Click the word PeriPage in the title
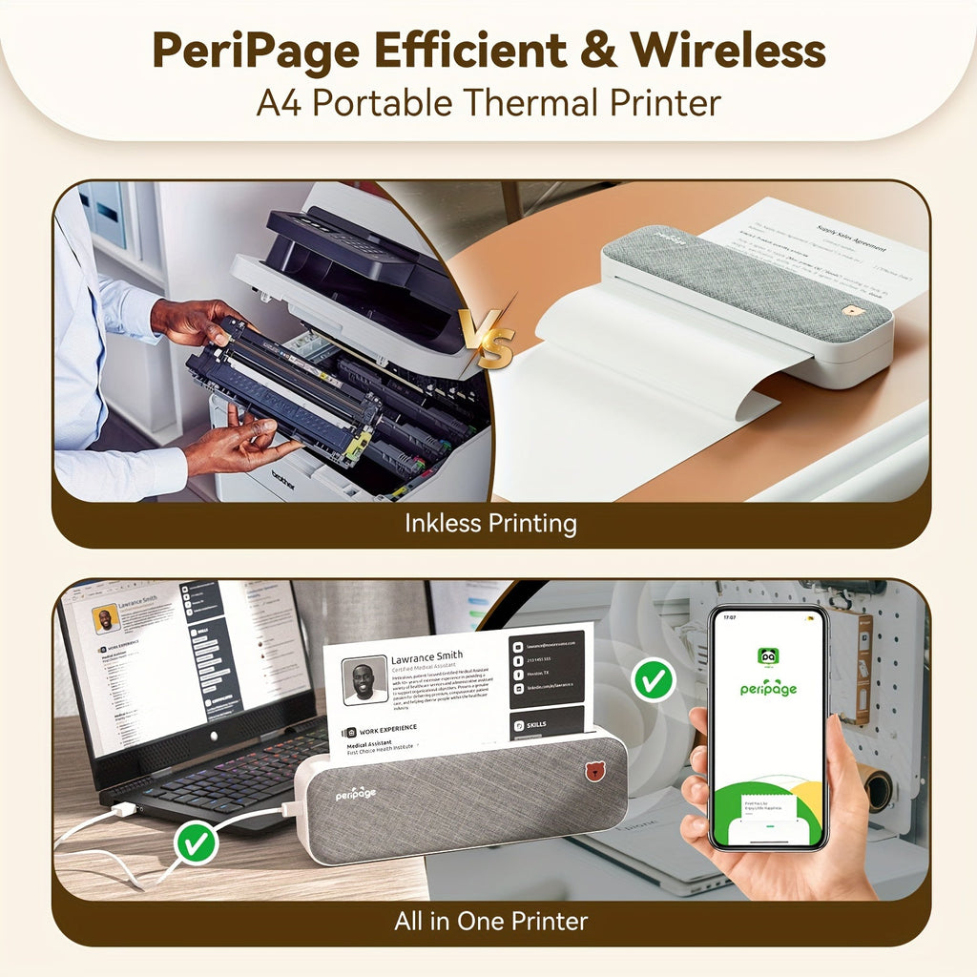click(254, 51)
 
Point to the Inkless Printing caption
click(489, 524)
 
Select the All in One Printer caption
click(490, 921)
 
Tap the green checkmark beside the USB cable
click(197, 843)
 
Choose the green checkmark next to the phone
click(654, 679)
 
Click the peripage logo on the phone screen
click(768, 687)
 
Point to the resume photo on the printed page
click(364, 679)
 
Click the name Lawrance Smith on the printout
click(426, 657)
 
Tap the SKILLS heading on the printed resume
click(536, 725)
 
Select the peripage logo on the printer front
click(355, 794)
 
